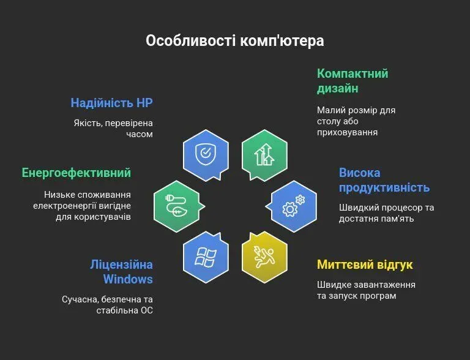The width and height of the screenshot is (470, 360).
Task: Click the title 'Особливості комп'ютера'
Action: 235,41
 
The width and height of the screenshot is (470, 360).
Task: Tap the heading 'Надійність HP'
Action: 111,103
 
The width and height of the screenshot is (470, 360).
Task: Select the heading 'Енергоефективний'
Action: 76,173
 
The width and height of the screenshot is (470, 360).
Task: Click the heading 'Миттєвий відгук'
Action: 365,264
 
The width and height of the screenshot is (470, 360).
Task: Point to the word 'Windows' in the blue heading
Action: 128,279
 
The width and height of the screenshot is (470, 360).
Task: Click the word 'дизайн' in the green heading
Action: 338,89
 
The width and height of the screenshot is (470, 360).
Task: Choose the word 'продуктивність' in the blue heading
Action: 384,188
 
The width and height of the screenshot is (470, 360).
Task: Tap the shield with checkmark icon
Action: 206,154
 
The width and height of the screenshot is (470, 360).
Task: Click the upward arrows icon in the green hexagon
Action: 264,154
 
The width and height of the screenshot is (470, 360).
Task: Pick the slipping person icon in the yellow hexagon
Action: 264,257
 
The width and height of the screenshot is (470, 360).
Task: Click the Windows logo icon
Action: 206,257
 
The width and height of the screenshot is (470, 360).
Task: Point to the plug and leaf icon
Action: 176,206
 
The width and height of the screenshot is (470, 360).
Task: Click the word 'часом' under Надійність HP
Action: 140,134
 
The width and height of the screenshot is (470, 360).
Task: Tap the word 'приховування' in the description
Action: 348,132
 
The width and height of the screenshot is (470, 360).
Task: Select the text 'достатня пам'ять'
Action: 376,219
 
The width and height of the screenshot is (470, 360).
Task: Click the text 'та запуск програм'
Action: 357,296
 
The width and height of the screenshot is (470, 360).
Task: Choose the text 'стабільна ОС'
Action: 124,310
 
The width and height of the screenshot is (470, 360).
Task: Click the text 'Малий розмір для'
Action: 356,110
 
